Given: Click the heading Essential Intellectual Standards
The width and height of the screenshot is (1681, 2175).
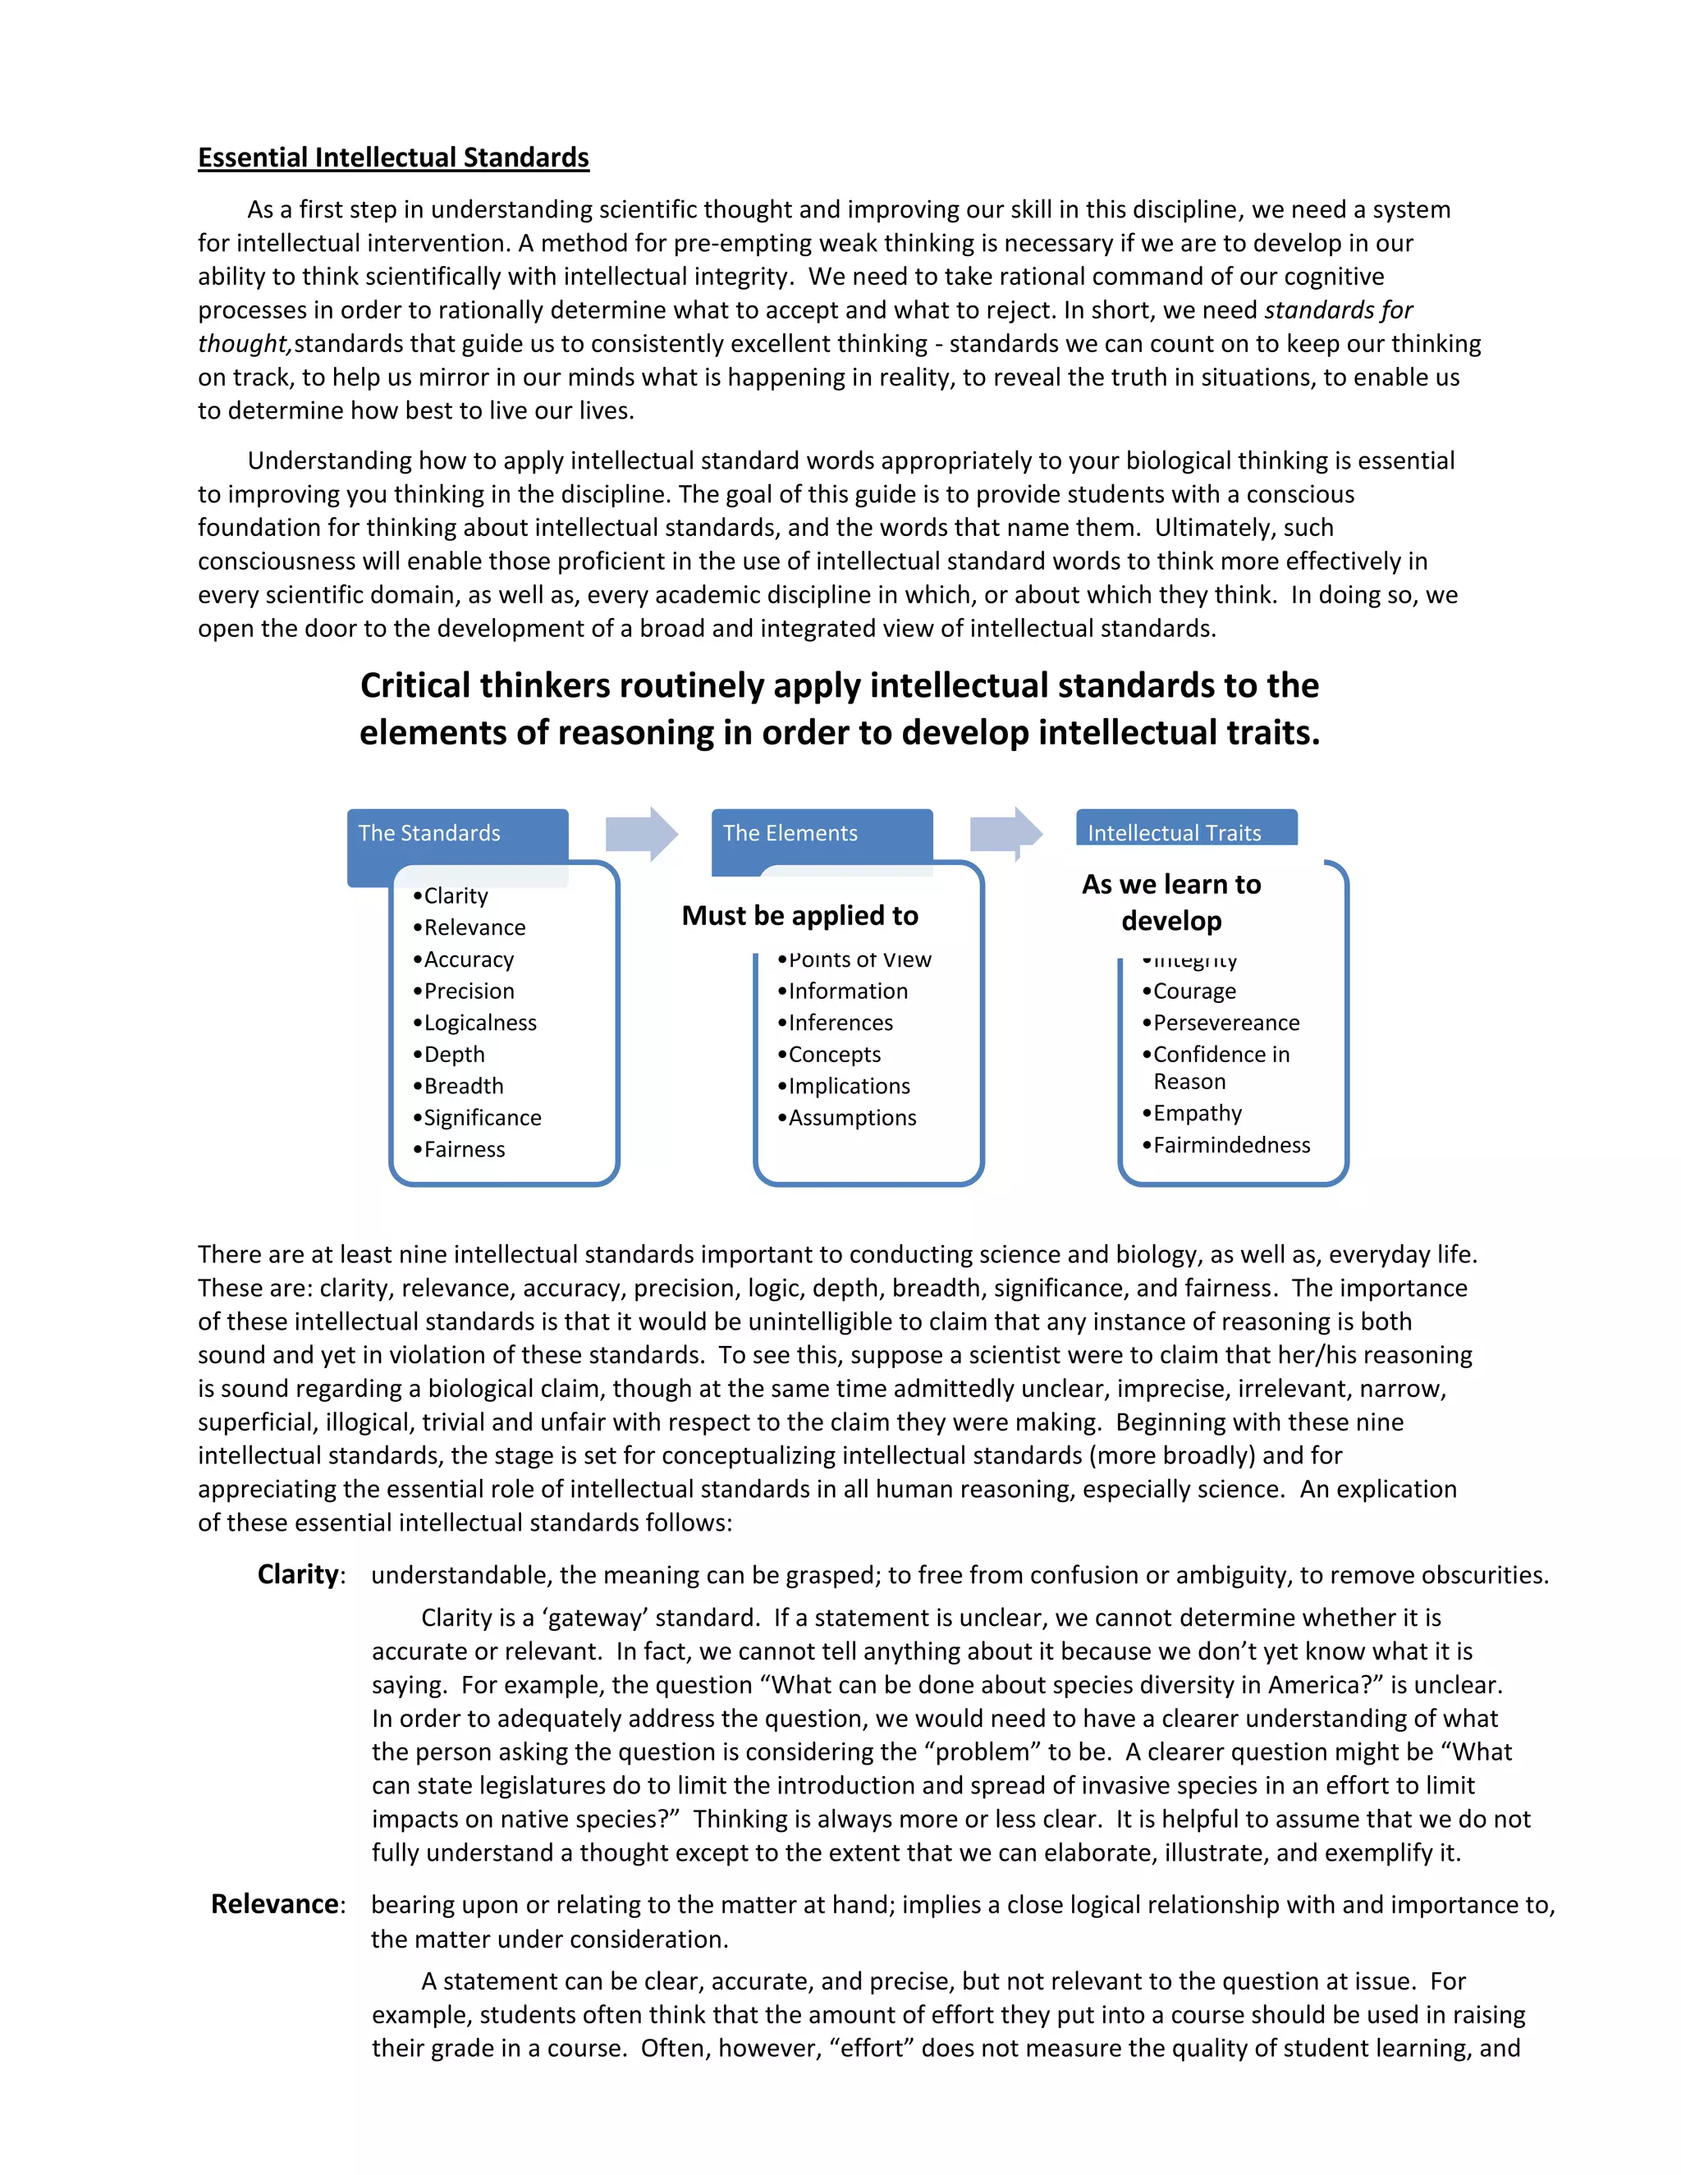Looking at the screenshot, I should click(393, 158).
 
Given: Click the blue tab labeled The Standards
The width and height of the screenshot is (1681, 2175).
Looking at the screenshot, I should click(429, 834).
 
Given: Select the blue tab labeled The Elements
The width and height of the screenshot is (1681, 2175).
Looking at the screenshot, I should click(790, 834).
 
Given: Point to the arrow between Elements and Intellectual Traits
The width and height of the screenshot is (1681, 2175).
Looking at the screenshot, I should click(1005, 832).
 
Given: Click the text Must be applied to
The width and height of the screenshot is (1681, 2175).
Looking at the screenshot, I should click(799, 915).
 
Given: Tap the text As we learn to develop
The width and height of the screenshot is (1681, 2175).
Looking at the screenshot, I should click(1171, 902).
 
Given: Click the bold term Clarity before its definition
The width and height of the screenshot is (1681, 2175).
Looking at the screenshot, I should click(298, 1574).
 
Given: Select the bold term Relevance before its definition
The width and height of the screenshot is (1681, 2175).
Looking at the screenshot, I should click(275, 1904).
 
